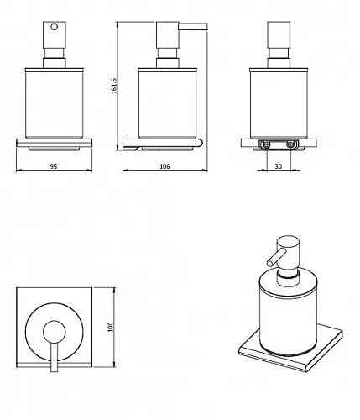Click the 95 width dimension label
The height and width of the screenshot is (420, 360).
coord(54,166)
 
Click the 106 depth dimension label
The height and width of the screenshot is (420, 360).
coord(164,166)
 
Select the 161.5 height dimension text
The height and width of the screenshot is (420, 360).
coord(114,86)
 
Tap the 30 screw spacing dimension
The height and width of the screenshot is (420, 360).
coord(278,166)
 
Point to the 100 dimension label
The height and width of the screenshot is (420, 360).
coord(110,327)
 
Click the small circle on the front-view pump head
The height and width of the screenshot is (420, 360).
coord(55,27)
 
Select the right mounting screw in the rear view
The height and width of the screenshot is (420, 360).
coord(290,144)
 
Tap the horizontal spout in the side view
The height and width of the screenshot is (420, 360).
coord(193,27)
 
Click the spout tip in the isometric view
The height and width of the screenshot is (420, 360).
coord(270,263)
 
